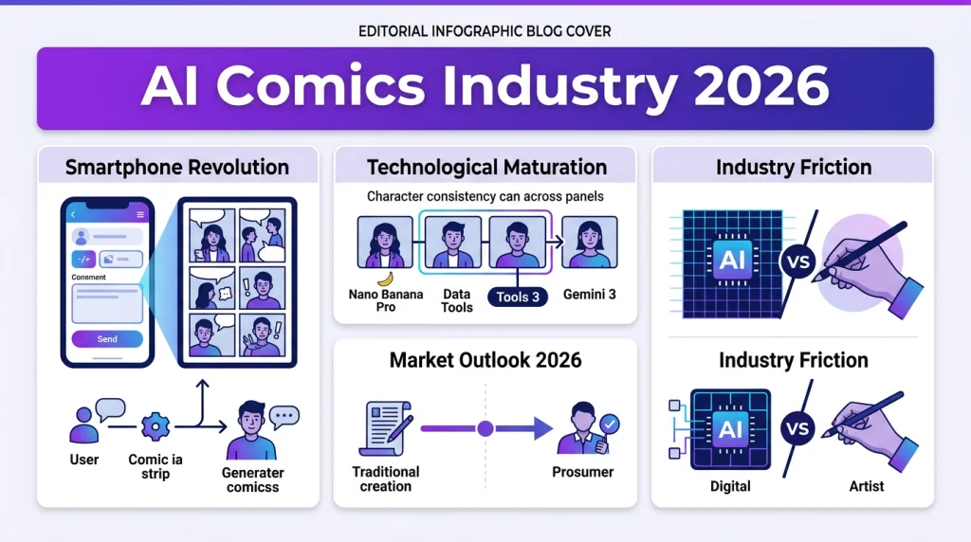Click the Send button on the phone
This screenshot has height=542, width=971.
tap(107, 338)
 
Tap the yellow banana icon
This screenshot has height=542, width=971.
tap(384, 279)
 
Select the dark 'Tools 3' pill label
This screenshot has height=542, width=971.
tap(518, 297)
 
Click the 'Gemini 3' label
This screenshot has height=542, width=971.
tap(589, 294)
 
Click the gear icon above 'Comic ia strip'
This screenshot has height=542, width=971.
tap(154, 426)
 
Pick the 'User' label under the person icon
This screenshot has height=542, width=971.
tap(84, 459)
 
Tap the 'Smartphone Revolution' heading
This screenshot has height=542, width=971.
tap(177, 168)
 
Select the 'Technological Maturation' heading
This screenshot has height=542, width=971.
tap(486, 168)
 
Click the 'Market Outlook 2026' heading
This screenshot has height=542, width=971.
tap(485, 360)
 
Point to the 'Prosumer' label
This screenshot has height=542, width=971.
tap(582, 471)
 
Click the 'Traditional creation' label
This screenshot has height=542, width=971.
tap(386, 479)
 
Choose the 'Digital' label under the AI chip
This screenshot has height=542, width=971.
tap(730, 486)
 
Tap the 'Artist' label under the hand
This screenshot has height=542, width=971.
tap(866, 486)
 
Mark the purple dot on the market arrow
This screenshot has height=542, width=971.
tap(485, 429)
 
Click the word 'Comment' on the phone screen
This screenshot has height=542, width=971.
tap(88, 278)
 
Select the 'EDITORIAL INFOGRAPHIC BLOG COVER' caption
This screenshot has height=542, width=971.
tap(485, 31)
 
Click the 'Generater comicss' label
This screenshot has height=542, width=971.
tap(252, 479)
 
